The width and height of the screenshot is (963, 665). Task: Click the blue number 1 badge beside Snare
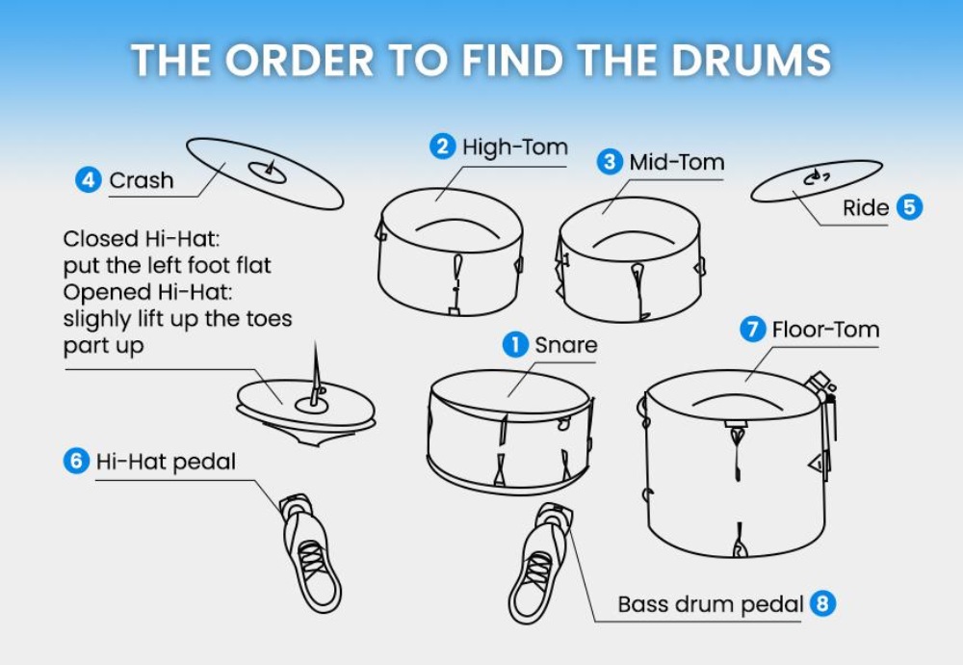515,345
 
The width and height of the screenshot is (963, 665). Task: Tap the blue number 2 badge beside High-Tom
442,146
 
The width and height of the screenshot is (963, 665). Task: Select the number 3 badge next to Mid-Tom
610,162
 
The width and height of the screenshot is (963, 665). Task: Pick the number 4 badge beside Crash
89,179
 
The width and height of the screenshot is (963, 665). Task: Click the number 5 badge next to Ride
910,206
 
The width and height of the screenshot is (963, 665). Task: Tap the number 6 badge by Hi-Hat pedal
76,461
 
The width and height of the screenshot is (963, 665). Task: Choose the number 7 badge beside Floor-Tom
752,329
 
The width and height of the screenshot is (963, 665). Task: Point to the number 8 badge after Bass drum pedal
823,603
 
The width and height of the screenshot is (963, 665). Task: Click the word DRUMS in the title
750,60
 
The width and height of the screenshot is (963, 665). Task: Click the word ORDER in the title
299,60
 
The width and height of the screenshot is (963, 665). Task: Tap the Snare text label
565,345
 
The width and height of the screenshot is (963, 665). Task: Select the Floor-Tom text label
825,330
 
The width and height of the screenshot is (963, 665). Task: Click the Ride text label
866,208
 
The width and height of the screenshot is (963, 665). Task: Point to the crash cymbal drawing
265,173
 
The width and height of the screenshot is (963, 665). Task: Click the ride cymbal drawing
817,180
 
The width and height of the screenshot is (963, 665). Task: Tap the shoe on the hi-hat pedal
312,553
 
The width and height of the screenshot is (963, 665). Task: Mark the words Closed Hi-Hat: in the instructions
142,238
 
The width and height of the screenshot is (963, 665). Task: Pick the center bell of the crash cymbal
267,173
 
